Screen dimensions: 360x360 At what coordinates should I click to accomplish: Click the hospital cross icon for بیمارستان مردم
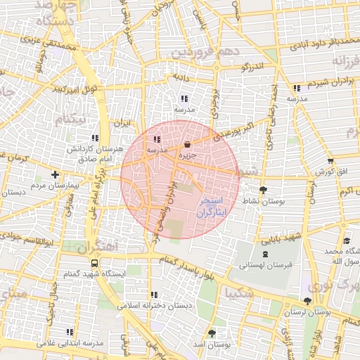click(x=56, y=174)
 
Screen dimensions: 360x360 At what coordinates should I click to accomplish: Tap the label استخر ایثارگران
click(x=212, y=206)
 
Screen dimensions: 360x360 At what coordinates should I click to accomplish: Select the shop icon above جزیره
click(x=186, y=144)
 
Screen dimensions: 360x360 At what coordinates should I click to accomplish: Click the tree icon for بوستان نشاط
click(x=264, y=190)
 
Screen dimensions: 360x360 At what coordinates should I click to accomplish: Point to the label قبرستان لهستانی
click(x=264, y=266)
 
